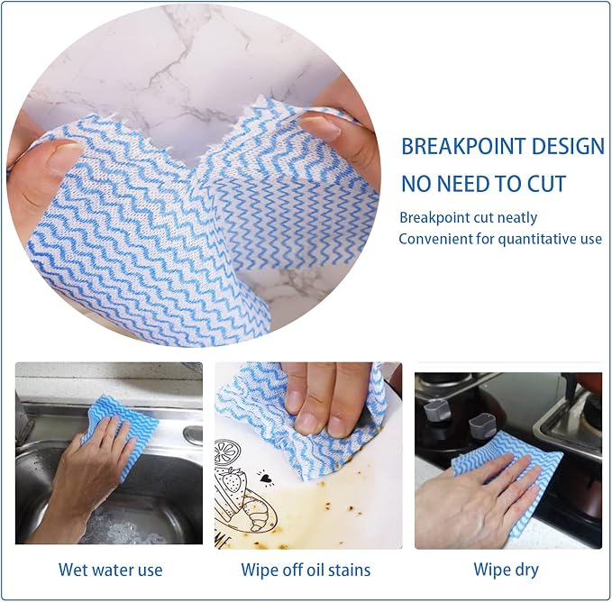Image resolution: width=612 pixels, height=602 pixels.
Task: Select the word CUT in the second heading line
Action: pyautogui.click(x=546, y=184)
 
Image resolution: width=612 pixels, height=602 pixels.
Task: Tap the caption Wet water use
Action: pyautogui.click(x=111, y=570)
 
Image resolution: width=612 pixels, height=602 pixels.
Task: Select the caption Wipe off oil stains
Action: pyautogui.click(x=306, y=570)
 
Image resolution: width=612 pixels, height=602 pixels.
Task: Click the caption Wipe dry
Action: pyautogui.click(x=507, y=570)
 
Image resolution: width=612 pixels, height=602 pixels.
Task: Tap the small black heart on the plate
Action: pyautogui.click(x=267, y=478)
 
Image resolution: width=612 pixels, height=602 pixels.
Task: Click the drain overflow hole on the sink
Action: pyautogui.click(x=193, y=433)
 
